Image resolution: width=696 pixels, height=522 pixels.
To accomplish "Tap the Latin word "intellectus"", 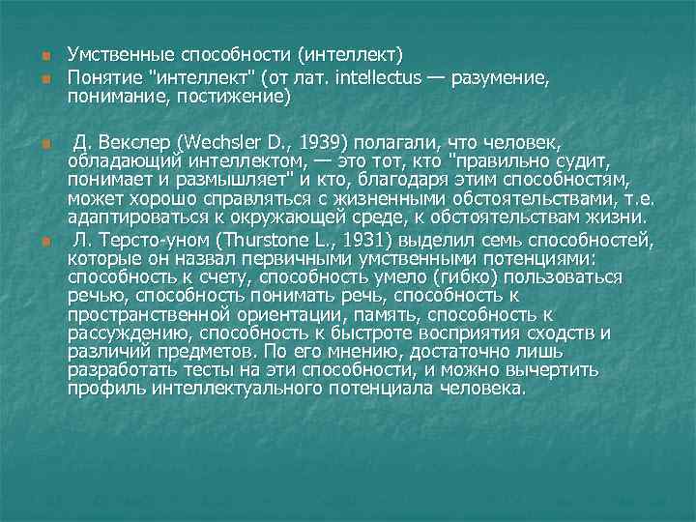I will coord(379,77).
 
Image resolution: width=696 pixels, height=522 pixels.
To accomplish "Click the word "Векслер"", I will coord(130,144).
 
